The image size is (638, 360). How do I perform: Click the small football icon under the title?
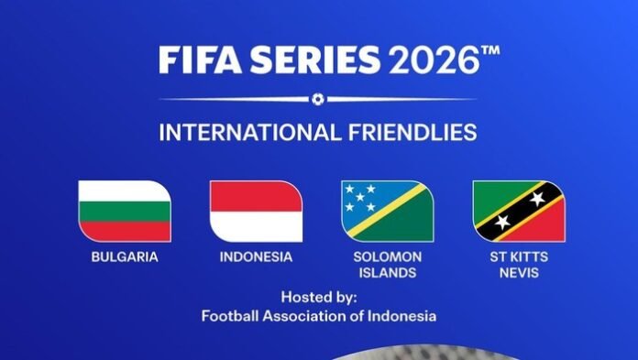click(x=317, y=98)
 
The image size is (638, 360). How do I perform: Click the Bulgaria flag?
click(x=124, y=211)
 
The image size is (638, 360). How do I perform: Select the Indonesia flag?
click(x=256, y=211)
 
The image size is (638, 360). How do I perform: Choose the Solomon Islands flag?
click(x=388, y=211)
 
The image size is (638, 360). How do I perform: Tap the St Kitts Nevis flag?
click(x=519, y=211)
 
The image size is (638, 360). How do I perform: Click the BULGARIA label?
click(x=124, y=257)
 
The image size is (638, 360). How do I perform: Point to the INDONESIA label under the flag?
click(x=256, y=257)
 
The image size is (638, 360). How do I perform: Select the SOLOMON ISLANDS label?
click(x=388, y=265)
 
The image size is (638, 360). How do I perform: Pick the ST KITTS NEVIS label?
click(x=519, y=265)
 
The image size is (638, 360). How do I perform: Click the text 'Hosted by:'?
click(x=319, y=298)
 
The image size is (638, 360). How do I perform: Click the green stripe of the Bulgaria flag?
click(x=124, y=231)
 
